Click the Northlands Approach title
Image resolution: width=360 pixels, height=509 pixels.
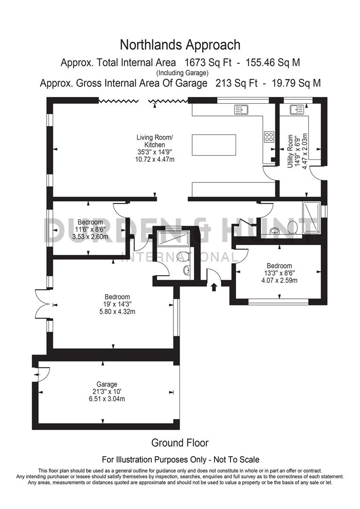point(180,45)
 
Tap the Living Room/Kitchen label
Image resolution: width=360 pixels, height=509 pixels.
point(155,141)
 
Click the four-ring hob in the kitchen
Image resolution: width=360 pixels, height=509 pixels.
point(269,137)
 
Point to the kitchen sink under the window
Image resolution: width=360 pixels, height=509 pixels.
point(241,110)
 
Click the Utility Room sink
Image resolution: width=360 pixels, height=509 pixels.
point(297,110)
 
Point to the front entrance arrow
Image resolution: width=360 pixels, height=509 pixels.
point(214,286)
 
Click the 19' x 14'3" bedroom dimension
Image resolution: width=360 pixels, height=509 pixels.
point(117,304)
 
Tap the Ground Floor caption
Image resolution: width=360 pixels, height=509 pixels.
point(180,443)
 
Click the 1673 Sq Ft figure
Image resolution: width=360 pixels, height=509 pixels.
point(205,62)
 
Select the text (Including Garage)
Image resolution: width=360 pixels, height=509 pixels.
point(182,73)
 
